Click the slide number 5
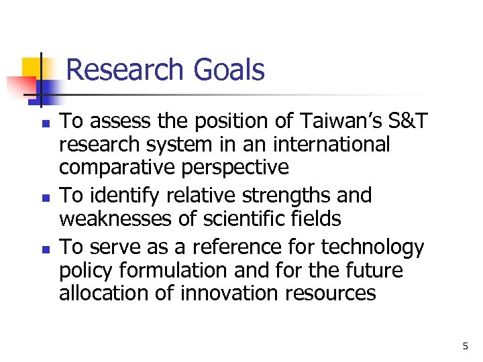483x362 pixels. click(465, 347)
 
